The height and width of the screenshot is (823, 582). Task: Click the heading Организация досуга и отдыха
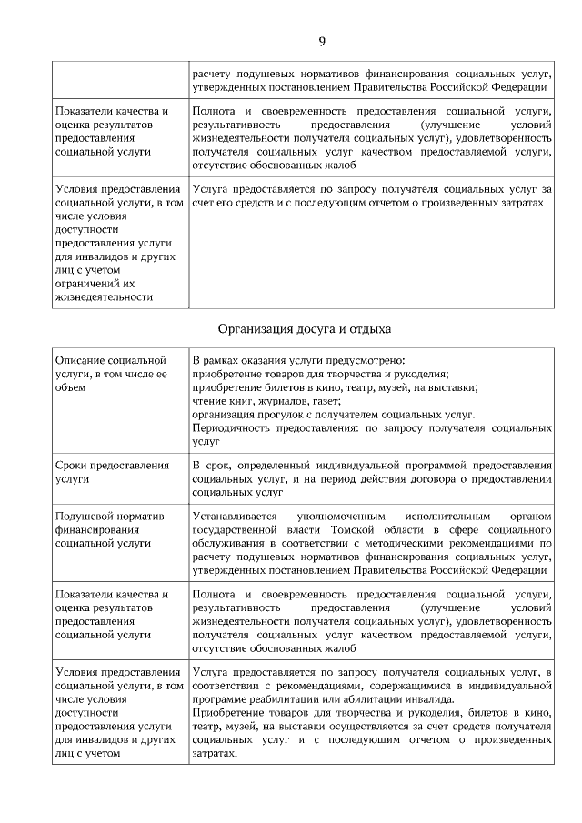point(304,328)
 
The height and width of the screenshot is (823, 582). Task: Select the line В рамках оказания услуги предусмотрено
point(298,360)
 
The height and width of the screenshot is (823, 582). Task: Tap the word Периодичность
point(232,427)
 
